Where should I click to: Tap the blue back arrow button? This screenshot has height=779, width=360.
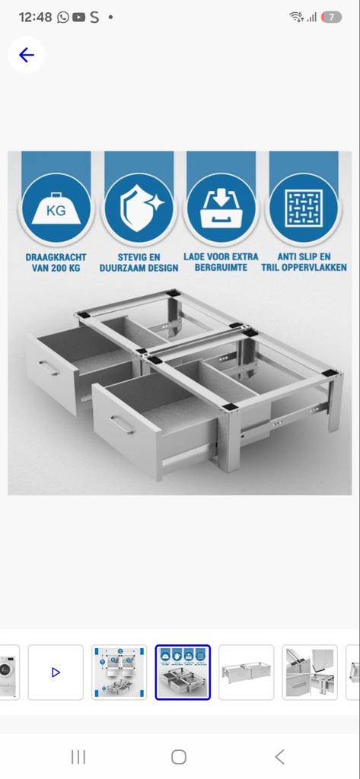[27, 55]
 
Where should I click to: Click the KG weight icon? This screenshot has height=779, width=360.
[56, 208]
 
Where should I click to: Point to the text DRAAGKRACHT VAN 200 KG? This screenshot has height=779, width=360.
[56, 262]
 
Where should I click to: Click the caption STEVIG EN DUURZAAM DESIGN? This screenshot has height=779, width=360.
[139, 262]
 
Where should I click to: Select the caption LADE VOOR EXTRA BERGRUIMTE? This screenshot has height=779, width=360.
[221, 262]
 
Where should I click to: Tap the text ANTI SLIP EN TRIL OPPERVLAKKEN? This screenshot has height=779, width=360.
[304, 262]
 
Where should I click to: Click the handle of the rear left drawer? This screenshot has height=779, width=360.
[49, 368]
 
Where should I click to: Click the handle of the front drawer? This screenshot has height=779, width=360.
[121, 424]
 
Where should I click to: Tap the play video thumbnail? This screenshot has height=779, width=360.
[56, 672]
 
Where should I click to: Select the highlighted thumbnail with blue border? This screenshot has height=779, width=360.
[183, 672]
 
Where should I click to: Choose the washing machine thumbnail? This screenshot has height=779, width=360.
[8, 672]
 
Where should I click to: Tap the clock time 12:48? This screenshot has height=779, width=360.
[35, 17]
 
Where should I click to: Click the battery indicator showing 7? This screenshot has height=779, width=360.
[331, 17]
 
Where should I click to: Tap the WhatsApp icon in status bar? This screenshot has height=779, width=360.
[62, 17]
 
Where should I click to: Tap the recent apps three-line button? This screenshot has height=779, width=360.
[78, 756]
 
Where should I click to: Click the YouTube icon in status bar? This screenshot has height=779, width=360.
[78, 17]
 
